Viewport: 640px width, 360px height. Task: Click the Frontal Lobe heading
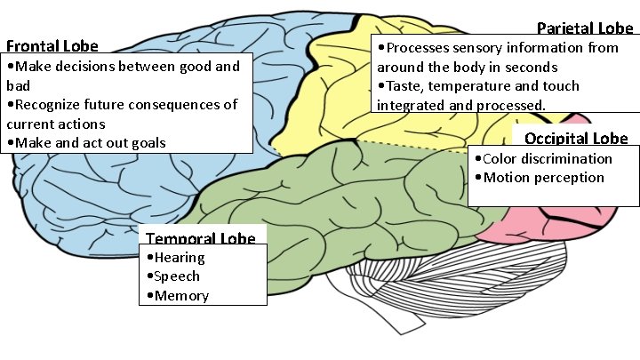coord(52,46)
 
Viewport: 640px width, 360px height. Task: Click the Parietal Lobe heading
coord(585,28)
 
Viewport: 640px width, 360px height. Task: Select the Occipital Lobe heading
coord(576,138)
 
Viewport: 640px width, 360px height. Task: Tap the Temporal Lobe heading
coord(200,238)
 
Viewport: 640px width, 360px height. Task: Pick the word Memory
coord(181,296)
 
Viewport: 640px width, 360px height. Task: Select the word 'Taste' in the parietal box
coord(404,86)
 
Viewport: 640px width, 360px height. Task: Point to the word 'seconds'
coord(526,67)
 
